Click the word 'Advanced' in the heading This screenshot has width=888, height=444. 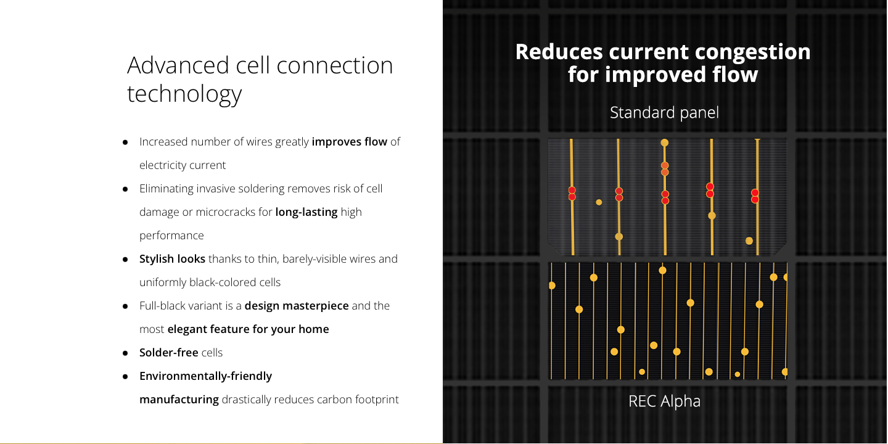pos(178,65)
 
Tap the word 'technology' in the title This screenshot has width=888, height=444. pos(184,94)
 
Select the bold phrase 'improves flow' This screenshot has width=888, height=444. pos(349,142)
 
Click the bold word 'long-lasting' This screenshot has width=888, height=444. pos(306,212)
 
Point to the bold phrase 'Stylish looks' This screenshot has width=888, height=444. pos(172,259)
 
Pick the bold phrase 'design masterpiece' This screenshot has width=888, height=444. pos(297,306)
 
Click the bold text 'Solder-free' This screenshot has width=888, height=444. pos(169,353)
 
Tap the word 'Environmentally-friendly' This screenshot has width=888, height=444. pos(205,376)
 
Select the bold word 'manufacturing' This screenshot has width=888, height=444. pos(179,399)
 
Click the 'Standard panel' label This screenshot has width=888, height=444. pos(664,113)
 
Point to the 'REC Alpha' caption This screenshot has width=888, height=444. pos(664,401)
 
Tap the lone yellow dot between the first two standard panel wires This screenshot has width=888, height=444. pos(599,202)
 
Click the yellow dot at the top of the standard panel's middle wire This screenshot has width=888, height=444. pos(665,142)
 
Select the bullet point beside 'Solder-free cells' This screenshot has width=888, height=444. pos(125,353)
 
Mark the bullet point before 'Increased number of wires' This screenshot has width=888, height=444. pos(125,142)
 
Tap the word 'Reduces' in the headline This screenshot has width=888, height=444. pos(559,52)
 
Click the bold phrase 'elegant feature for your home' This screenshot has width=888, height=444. pos(248,329)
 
